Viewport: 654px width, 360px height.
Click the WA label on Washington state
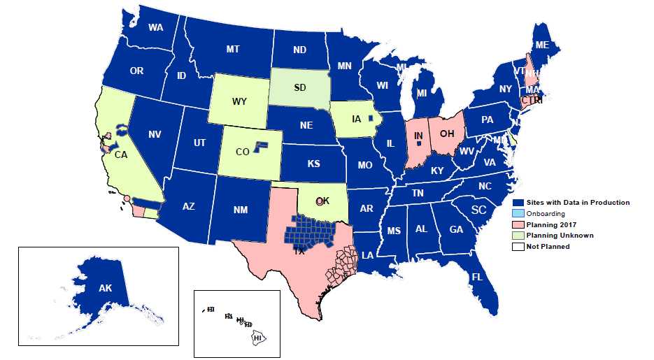(155, 29)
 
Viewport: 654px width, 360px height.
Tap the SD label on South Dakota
(299, 88)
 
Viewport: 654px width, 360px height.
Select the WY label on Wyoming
(239, 102)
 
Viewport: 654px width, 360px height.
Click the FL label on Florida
(477, 277)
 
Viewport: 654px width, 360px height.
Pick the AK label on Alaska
(105, 288)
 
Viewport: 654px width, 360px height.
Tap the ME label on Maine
(541, 45)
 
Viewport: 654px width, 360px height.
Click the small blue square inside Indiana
(418, 143)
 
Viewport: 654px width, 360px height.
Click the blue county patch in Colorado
(260, 145)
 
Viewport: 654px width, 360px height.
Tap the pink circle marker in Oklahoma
(319, 201)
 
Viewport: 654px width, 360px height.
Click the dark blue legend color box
(518, 203)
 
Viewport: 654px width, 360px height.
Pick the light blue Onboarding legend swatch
(518, 214)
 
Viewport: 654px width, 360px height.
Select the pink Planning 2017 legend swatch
(518, 224)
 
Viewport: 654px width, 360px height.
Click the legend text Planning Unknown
(560, 236)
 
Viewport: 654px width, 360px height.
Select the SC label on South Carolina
(478, 210)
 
